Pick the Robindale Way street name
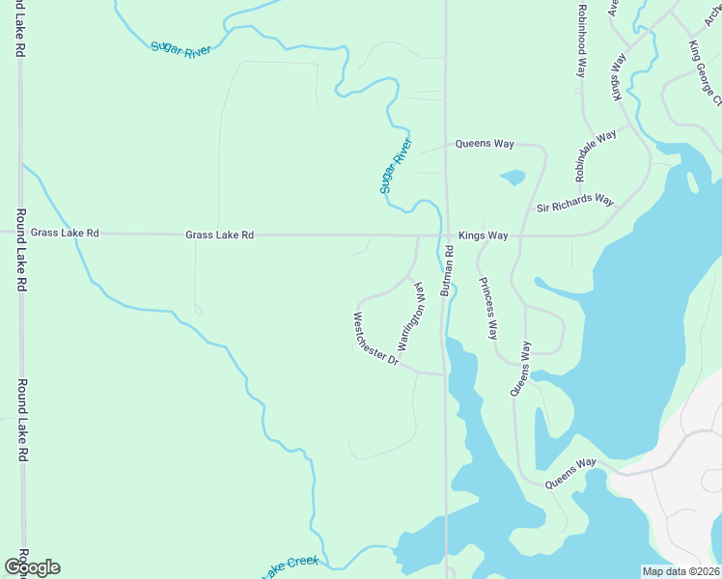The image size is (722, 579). [596, 156]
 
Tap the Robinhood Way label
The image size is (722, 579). [582, 40]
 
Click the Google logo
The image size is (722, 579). [32, 566]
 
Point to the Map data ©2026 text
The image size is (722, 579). [680, 570]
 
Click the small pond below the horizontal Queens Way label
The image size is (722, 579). [513, 178]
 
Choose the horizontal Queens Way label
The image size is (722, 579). [485, 144]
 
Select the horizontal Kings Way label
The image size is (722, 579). [483, 234]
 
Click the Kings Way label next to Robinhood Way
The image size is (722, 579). [618, 81]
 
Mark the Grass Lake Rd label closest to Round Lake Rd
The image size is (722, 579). [65, 233]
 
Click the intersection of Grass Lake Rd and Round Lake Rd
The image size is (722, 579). [20, 233]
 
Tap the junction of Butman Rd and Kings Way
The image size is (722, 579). [446, 234]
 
